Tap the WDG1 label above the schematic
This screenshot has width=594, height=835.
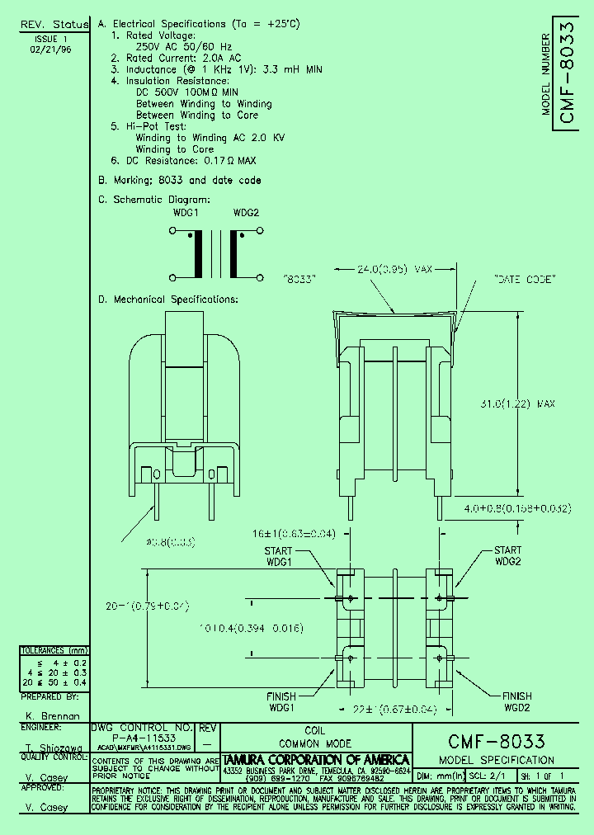tap(186, 212)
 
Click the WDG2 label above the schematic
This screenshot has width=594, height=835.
tap(246, 212)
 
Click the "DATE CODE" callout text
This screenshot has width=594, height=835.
tap(523, 281)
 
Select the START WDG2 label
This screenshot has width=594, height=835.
tap(507, 555)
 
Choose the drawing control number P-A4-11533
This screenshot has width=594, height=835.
tap(142, 737)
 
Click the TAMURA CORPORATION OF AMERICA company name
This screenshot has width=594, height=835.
tap(317, 759)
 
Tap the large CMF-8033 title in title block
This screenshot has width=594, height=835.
tap(496, 741)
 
